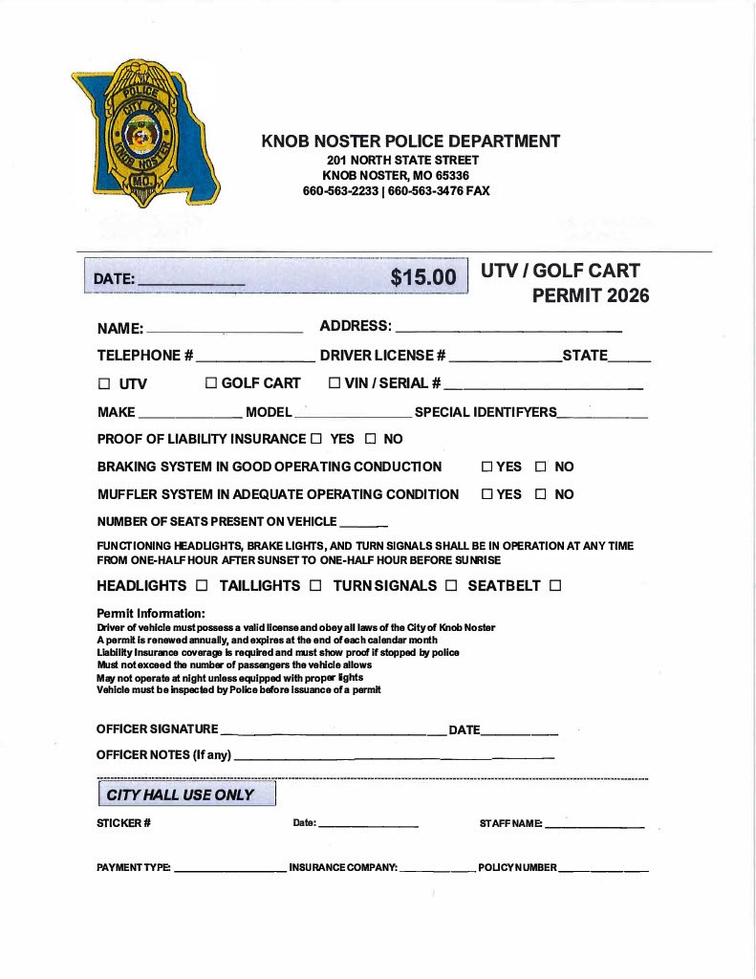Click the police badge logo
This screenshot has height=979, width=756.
(144, 132)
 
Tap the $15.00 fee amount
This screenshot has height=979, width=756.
(423, 277)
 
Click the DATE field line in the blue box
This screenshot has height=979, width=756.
(191, 284)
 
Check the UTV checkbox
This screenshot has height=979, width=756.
(104, 384)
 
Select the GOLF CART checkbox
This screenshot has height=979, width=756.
(211, 384)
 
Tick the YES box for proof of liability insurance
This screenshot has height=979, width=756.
(316, 440)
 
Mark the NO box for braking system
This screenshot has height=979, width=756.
(540, 468)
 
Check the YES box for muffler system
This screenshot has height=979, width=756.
(486, 495)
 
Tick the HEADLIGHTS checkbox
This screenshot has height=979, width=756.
(201, 585)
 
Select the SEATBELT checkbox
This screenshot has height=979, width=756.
(555, 585)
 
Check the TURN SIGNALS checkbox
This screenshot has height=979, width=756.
(451, 585)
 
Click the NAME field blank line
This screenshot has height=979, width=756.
(225, 331)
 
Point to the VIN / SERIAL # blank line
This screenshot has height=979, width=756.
(543, 388)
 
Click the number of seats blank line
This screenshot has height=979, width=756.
(363, 526)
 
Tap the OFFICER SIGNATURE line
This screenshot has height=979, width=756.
(333, 733)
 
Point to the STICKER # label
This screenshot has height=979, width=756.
(123, 823)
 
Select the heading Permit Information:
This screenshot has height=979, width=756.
(151, 614)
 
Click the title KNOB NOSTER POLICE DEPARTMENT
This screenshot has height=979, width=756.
(410, 141)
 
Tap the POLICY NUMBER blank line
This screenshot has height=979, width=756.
(603, 871)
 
